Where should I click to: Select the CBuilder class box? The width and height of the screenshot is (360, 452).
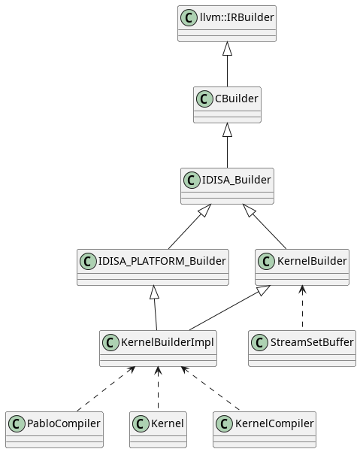[227, 105]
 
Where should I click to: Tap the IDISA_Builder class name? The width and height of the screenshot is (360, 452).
[236, 180]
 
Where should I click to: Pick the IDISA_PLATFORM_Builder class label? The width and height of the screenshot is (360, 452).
[162, 261]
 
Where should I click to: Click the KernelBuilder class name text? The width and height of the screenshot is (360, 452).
[312, 261]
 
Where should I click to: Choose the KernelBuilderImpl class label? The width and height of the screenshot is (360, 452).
[167, 342]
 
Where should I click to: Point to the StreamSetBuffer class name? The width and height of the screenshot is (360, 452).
[310, 342]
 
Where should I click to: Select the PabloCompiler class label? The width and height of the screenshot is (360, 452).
[63, 423]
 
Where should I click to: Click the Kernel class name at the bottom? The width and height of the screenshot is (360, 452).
[167, 423]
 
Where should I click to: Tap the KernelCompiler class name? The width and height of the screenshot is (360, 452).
[274, 423]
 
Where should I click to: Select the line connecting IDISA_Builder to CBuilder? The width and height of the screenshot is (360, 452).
[227, 150]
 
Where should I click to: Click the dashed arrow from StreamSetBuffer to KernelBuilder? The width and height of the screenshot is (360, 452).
[302, 308]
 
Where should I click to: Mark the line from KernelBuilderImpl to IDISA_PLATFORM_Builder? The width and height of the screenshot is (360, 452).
[155, 312]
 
